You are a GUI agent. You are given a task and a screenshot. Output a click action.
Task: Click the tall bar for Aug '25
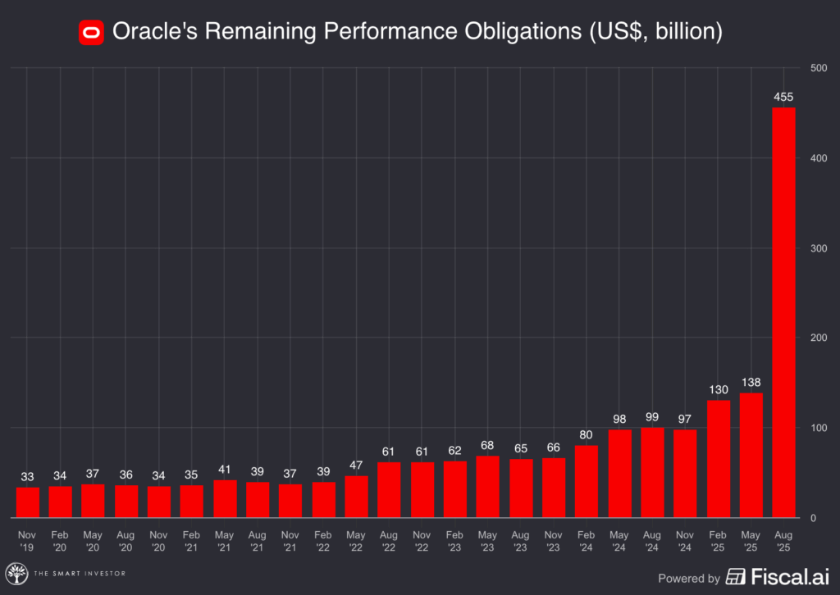tap(783, 312)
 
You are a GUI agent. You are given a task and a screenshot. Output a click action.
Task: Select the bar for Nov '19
tap(27, 502)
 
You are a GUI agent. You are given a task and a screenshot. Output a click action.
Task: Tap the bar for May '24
tap(619, 474)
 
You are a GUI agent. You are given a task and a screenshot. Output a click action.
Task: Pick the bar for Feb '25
tap(718, 459)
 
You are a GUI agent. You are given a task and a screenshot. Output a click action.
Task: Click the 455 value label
tap(783, 98)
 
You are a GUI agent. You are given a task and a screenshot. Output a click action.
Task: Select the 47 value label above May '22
tap(356, 466)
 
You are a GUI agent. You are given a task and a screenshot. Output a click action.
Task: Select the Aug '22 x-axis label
tap(389, 540)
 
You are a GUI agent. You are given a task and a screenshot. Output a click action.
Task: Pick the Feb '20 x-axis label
tap(60, 540)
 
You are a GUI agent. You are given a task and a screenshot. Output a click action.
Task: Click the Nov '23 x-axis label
tap(554, 540)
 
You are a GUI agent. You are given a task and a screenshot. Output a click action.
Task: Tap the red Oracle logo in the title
tap(90, 32)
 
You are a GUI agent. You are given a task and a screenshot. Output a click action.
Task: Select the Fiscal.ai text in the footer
tap(792, 578)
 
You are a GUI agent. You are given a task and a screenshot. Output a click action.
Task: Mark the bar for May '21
tap(225, 498)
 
